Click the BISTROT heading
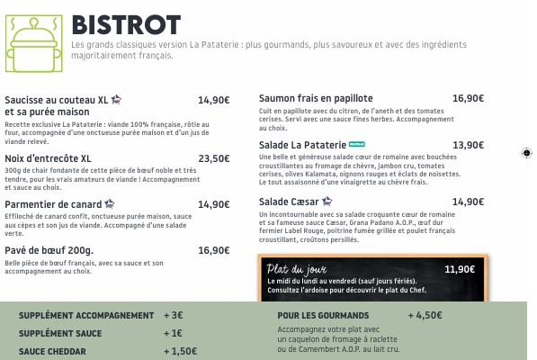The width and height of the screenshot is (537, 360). [x=126, y=24]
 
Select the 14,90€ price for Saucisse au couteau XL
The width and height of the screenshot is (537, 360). [x=214, y=101]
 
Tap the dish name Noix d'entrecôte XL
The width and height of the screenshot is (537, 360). [x=48, y=158]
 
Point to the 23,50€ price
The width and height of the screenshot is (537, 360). [x=214, y=158]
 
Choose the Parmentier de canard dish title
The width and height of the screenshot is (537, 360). [x=53, y=204]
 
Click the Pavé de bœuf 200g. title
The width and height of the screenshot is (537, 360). [x=49, y=250]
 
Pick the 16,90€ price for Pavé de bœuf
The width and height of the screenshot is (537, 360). [x=214, y=250]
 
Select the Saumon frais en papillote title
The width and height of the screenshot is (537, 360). [x=316, y=98]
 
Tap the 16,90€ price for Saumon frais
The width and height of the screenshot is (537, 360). [x=469, y=98]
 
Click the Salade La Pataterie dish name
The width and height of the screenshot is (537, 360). [x=302, y=145]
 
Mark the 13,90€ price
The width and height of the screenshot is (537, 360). [x=469, y=145]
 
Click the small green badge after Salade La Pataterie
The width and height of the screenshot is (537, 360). [x=357, y=144]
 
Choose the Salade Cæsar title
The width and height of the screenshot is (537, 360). [x=289, y=202]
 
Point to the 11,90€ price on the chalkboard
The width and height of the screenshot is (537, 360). [x=460, y=269]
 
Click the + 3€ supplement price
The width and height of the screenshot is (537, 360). [x=174, y=316]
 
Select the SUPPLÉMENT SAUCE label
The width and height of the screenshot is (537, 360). [x=60, y=334]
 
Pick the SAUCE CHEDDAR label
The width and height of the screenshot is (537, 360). [x=53, y=352]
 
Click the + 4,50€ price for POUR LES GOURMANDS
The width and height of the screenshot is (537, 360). [x=425, y=316]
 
